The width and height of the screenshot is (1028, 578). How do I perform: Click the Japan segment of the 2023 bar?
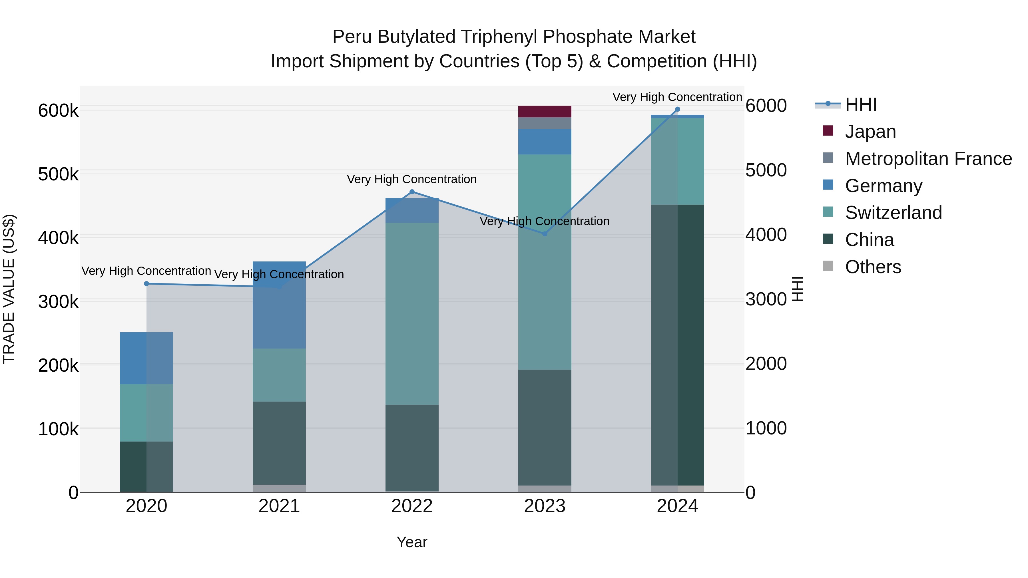tap(545, 112)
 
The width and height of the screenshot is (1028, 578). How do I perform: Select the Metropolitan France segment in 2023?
tap(545, 123)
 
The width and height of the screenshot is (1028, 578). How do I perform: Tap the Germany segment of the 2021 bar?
tap(279, 305)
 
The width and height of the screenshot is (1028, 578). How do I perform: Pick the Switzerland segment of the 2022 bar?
tap(412, 314)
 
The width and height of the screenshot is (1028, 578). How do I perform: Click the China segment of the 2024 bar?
tap(677, 345)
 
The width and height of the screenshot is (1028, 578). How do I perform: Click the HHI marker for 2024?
tap(677, 109)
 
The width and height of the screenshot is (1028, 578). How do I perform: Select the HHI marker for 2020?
tap(146, 284)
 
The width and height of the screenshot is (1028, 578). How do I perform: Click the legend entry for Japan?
tap(870, 132)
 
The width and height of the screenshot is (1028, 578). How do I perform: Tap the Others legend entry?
tap(873, 267)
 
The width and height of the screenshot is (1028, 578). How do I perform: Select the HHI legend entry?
tap(860, 104)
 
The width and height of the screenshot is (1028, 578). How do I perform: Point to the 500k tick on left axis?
tap(58, 174)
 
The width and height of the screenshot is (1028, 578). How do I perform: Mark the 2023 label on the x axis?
tap(545, 506)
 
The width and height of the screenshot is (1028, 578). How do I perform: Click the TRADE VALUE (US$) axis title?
tap(9, 289)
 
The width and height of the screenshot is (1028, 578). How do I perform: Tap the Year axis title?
tap(412, 542)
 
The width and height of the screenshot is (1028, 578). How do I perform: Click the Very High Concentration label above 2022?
tap(412, 180)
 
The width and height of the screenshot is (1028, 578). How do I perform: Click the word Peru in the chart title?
tap(352, 37)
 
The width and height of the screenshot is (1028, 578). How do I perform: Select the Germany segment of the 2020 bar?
tap(146, 358)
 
